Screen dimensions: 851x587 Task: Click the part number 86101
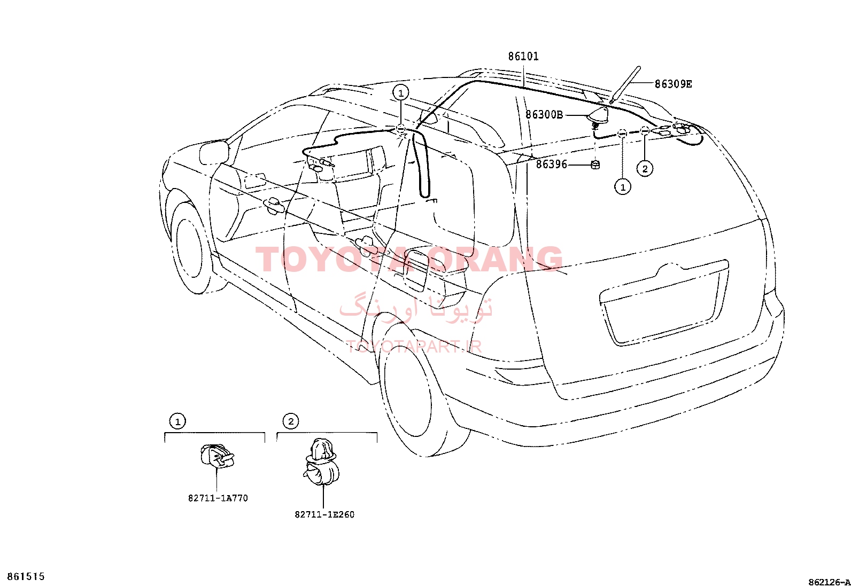pos(523,57)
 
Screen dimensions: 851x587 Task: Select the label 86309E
pos(673,84)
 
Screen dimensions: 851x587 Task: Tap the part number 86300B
pos(544,114)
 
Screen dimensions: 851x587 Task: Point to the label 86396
pos(551,165)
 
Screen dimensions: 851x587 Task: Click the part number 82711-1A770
pos(218,498)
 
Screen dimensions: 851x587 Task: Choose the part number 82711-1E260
pos(324,514)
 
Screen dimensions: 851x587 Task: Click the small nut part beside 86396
pos(595,165)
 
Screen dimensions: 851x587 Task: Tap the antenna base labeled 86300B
pos(598,115)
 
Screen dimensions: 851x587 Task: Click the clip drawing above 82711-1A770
pos(217,456)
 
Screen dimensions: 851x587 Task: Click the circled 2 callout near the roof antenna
pos(645,169)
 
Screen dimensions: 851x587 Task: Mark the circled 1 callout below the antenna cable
pos(623,187)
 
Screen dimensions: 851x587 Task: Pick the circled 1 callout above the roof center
pos(401,92)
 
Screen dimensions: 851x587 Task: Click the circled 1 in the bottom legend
pos(177,421)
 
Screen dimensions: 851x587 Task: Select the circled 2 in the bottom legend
pos(291,421)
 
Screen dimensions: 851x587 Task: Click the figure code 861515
pos(26,576)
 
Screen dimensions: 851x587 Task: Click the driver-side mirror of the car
pos(214,152)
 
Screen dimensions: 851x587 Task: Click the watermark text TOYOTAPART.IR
pos(414,346)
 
